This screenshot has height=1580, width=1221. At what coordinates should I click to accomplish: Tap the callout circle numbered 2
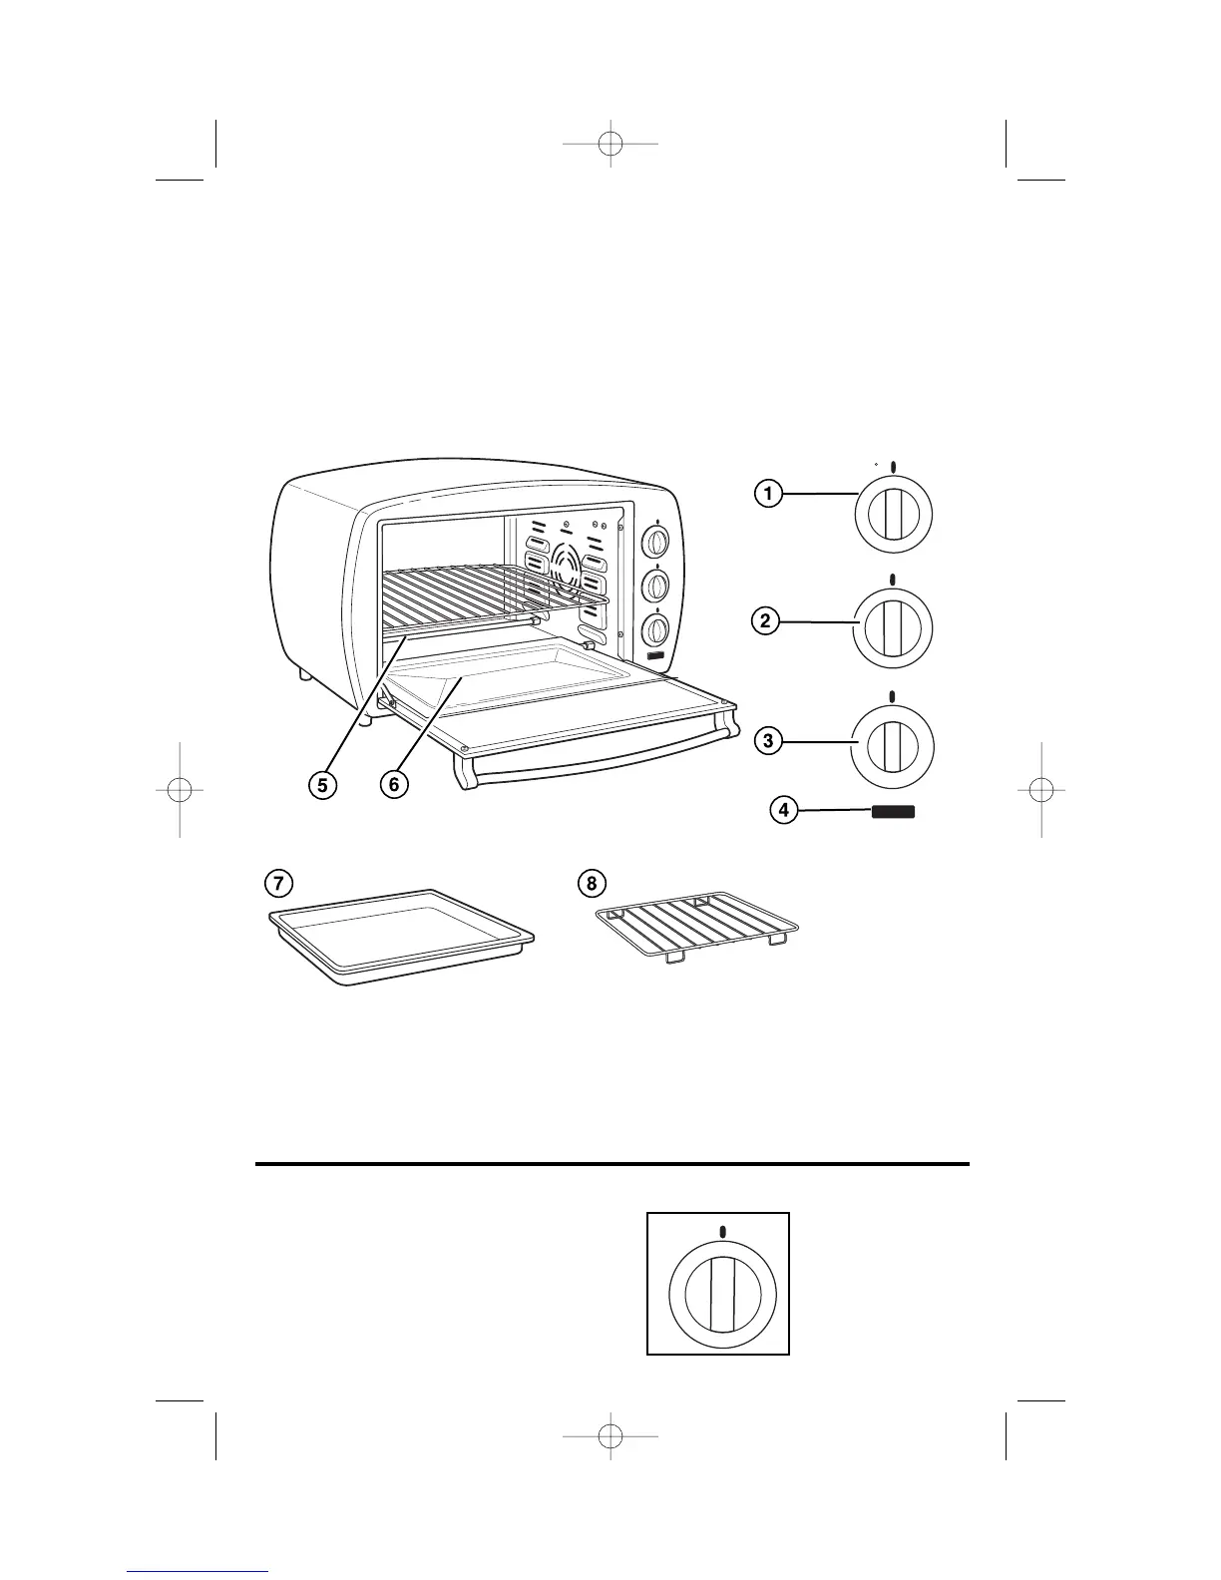click(x=764, y=621)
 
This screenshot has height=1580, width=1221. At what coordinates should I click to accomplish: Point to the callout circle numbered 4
click(x=784, y=811)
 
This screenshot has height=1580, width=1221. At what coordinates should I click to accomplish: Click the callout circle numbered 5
click(x=322, y=785)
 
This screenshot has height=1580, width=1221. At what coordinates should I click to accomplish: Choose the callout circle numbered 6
click(x=394, y=785)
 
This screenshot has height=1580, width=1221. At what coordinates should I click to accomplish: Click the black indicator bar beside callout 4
click(x=893, y=812)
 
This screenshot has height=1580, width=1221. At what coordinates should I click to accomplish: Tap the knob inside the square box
click(x=718, y=1292)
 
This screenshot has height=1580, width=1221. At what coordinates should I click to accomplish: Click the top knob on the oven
click(x=655, y=541)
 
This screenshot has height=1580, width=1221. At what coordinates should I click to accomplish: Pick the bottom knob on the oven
click(x=655, y=628)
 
